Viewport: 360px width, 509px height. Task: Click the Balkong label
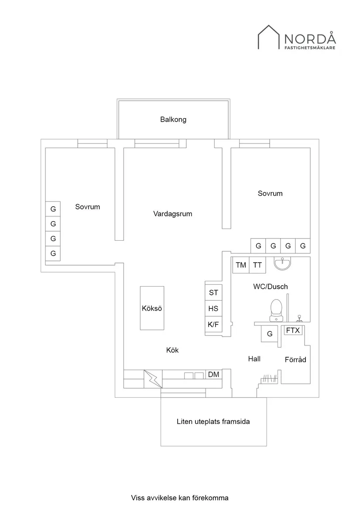[x=173, y=120]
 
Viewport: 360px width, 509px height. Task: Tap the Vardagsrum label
[x=173, y=214]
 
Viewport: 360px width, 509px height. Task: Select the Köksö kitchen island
[x=152, y=308]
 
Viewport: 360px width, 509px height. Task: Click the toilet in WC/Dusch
[x=276, y=308]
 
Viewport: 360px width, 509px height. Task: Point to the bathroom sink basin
[x=283, y=263]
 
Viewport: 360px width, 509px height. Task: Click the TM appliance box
[x=241, y=265]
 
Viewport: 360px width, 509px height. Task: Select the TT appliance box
[x=257, y=265]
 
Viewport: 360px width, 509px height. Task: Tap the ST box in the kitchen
[x=213, y=293]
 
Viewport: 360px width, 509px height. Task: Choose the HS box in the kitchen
[x=213, y=309]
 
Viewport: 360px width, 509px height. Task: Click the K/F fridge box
[x=213, y=325]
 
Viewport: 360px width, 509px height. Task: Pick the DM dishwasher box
[x=213, y=375]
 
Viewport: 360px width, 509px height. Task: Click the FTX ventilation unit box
[x=293, y=331]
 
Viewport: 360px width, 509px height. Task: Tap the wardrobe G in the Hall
[x=270, y=334]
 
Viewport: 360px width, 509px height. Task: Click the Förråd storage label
[x=295, y=360]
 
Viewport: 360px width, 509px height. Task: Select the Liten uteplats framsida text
[x=213, y=422]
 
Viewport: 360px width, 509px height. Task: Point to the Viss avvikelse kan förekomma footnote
[x=180, y=498]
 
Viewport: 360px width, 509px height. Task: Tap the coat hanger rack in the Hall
[x=269, y=379]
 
